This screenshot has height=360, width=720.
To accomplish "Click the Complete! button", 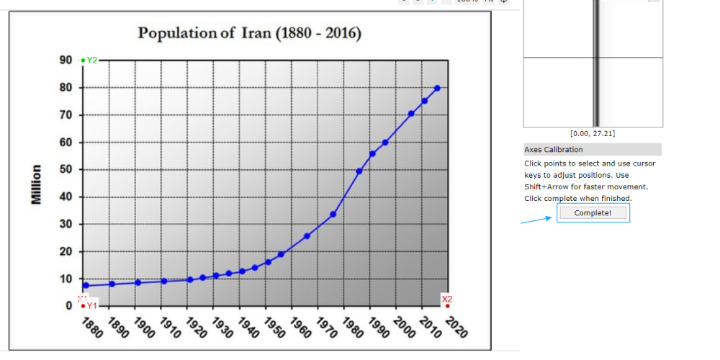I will pos(593,213).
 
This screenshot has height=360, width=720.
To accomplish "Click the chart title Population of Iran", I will pos(249,33).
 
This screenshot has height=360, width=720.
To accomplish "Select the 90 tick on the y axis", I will pos(66,60).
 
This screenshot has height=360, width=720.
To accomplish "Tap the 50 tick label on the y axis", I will pos(66,170).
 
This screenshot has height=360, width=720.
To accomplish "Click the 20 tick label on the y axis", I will pos(66,252).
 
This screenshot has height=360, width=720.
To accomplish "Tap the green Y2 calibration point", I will pos(84,60).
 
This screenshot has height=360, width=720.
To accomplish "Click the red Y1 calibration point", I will pos(84,306).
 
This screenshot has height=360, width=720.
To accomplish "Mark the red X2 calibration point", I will pos(447,306).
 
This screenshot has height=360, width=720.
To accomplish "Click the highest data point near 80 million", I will pos(437,88).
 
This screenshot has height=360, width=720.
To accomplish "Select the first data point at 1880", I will pos(86,286).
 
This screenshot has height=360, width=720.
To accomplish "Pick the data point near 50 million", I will pos(359,171).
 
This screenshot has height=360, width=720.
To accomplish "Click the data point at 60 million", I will pos(385,142).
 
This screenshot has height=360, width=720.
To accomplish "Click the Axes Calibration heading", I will pos(554,150).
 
